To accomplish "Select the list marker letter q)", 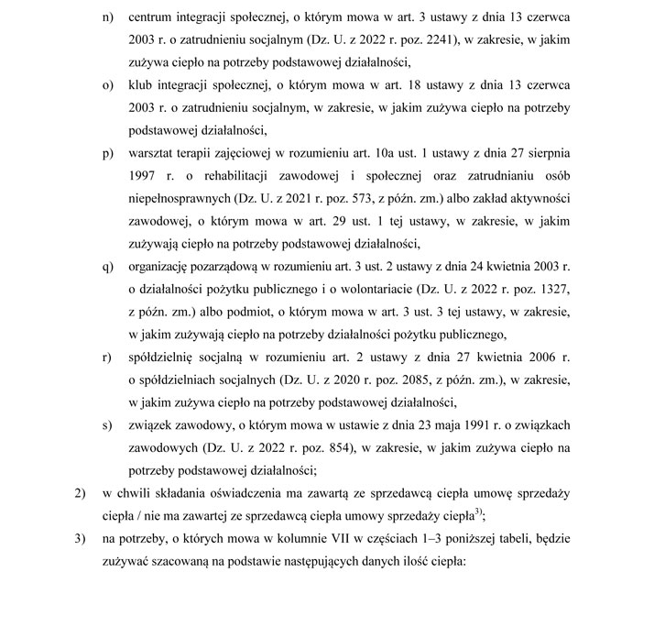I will click(108, 267).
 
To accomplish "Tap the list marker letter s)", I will click(108, 425).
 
